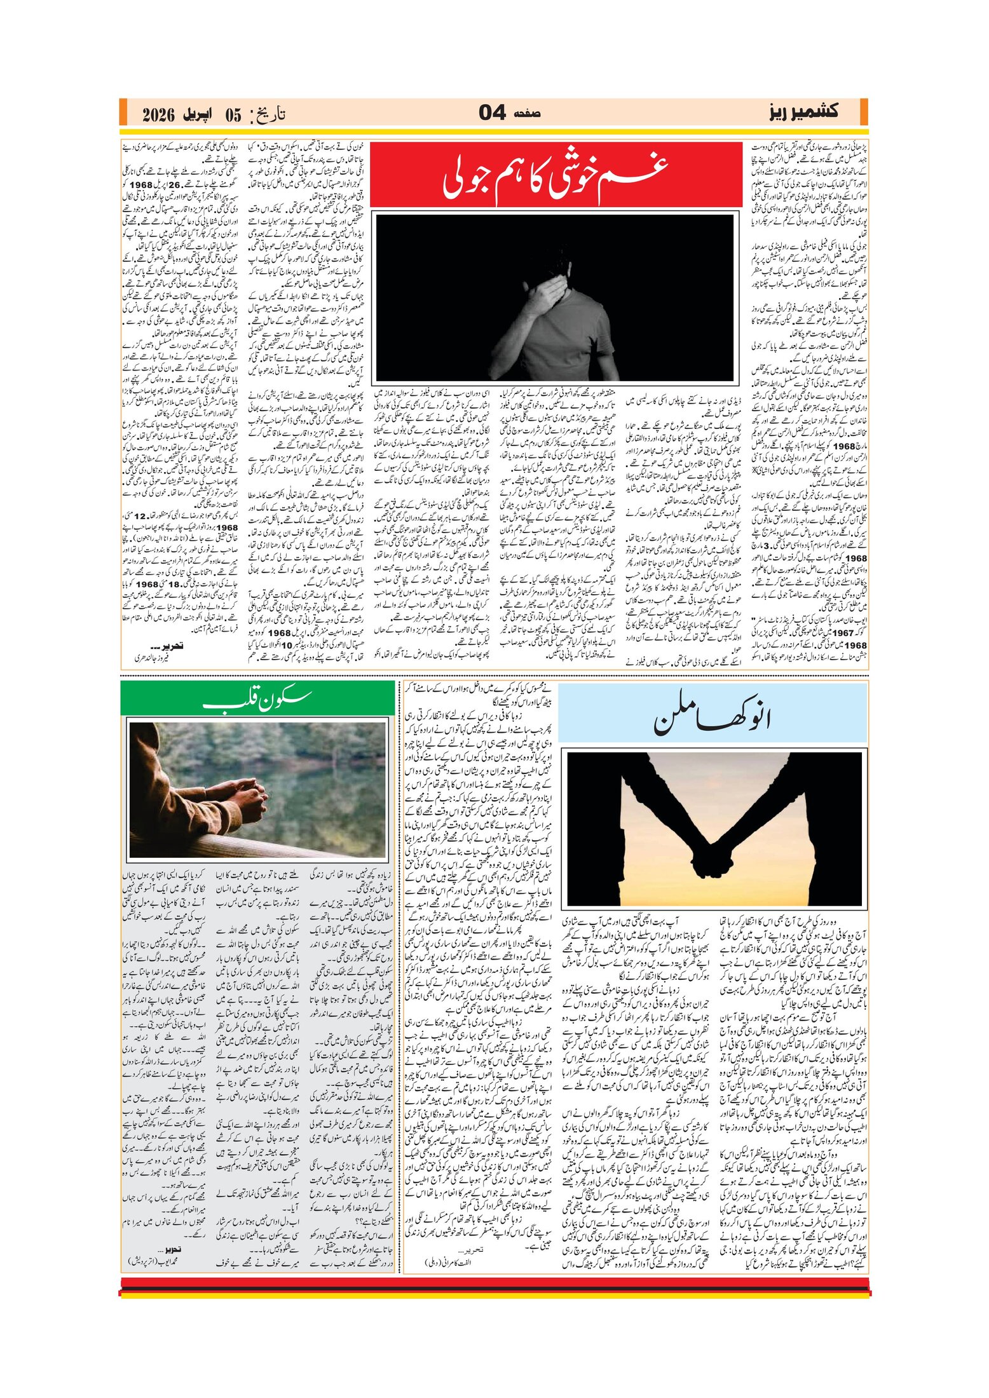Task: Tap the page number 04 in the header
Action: [493, 113]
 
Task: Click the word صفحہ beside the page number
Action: [527, 114]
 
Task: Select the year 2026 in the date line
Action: [158, 115]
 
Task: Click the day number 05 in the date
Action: [233, 115]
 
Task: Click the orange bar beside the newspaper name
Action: [863, 112]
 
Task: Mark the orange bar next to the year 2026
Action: [123, 112]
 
